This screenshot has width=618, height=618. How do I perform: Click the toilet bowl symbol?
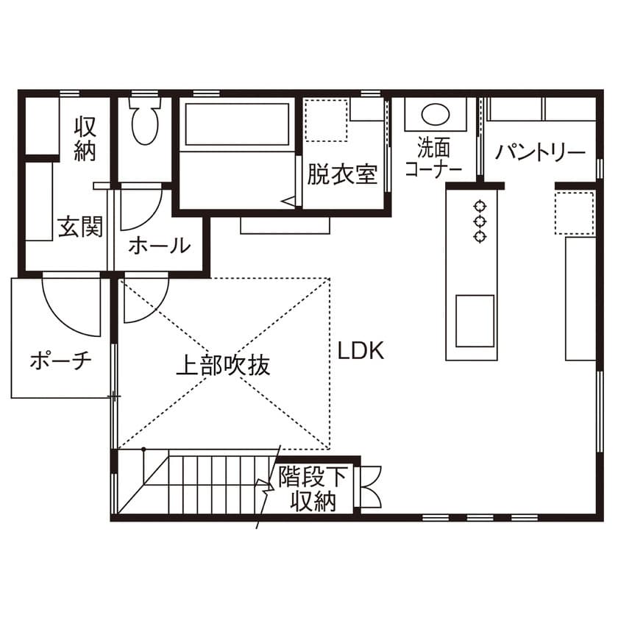(145, 121)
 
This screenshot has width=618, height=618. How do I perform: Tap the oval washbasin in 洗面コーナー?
(435, 114)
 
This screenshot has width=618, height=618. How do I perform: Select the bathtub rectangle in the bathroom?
(237, 124)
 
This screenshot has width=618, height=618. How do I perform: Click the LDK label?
(360, 350)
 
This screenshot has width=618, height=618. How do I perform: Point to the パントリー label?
(541, 152)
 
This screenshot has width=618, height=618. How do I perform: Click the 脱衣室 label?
(342, 174)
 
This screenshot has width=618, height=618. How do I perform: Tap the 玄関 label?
(80, 227)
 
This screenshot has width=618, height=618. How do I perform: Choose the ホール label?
(159, 245)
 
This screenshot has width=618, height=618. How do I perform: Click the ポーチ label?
(60, 360)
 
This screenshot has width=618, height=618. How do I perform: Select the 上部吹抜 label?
(223, 365)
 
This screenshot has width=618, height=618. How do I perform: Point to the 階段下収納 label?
(313, 489)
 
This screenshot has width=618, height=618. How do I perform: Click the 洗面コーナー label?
(433, 158)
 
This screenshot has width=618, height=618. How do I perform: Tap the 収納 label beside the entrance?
(85, 138)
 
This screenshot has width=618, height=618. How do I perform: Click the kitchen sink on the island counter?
(475, 321)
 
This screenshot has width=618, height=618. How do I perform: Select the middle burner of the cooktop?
(480, 221)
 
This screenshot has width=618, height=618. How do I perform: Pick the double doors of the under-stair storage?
(369, 487)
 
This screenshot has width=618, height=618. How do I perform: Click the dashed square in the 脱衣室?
(327, 120)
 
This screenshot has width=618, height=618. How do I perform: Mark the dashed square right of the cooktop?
(575, 213)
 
